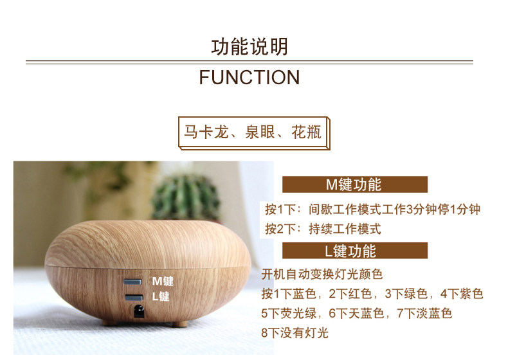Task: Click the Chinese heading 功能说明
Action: (x=249, y=47)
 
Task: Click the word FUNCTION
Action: (x=249, y=77)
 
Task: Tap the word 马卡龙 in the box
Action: (x=206, y=132)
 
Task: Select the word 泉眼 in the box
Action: (x=260, y=132)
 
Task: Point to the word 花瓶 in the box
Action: (x=306, y=132)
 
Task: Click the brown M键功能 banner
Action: (x=355, y=184)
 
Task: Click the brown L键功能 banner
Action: (x=355, y=251)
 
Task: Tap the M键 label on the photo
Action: (x=163, y=281)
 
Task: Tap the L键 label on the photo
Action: (x=161, y=296)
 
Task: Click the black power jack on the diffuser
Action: (x=139, y=311)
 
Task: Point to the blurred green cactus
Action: (x=186, y=197)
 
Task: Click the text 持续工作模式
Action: (x=345, y=229)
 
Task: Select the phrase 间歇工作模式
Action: (x=345, y=210)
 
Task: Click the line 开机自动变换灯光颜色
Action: (x=322, y=274)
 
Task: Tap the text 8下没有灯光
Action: (x=295, y=333)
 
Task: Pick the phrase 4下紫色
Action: (x=461, y=294)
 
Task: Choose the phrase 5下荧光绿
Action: (x=289, y=313)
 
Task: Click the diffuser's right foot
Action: (x=180, y=323)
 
